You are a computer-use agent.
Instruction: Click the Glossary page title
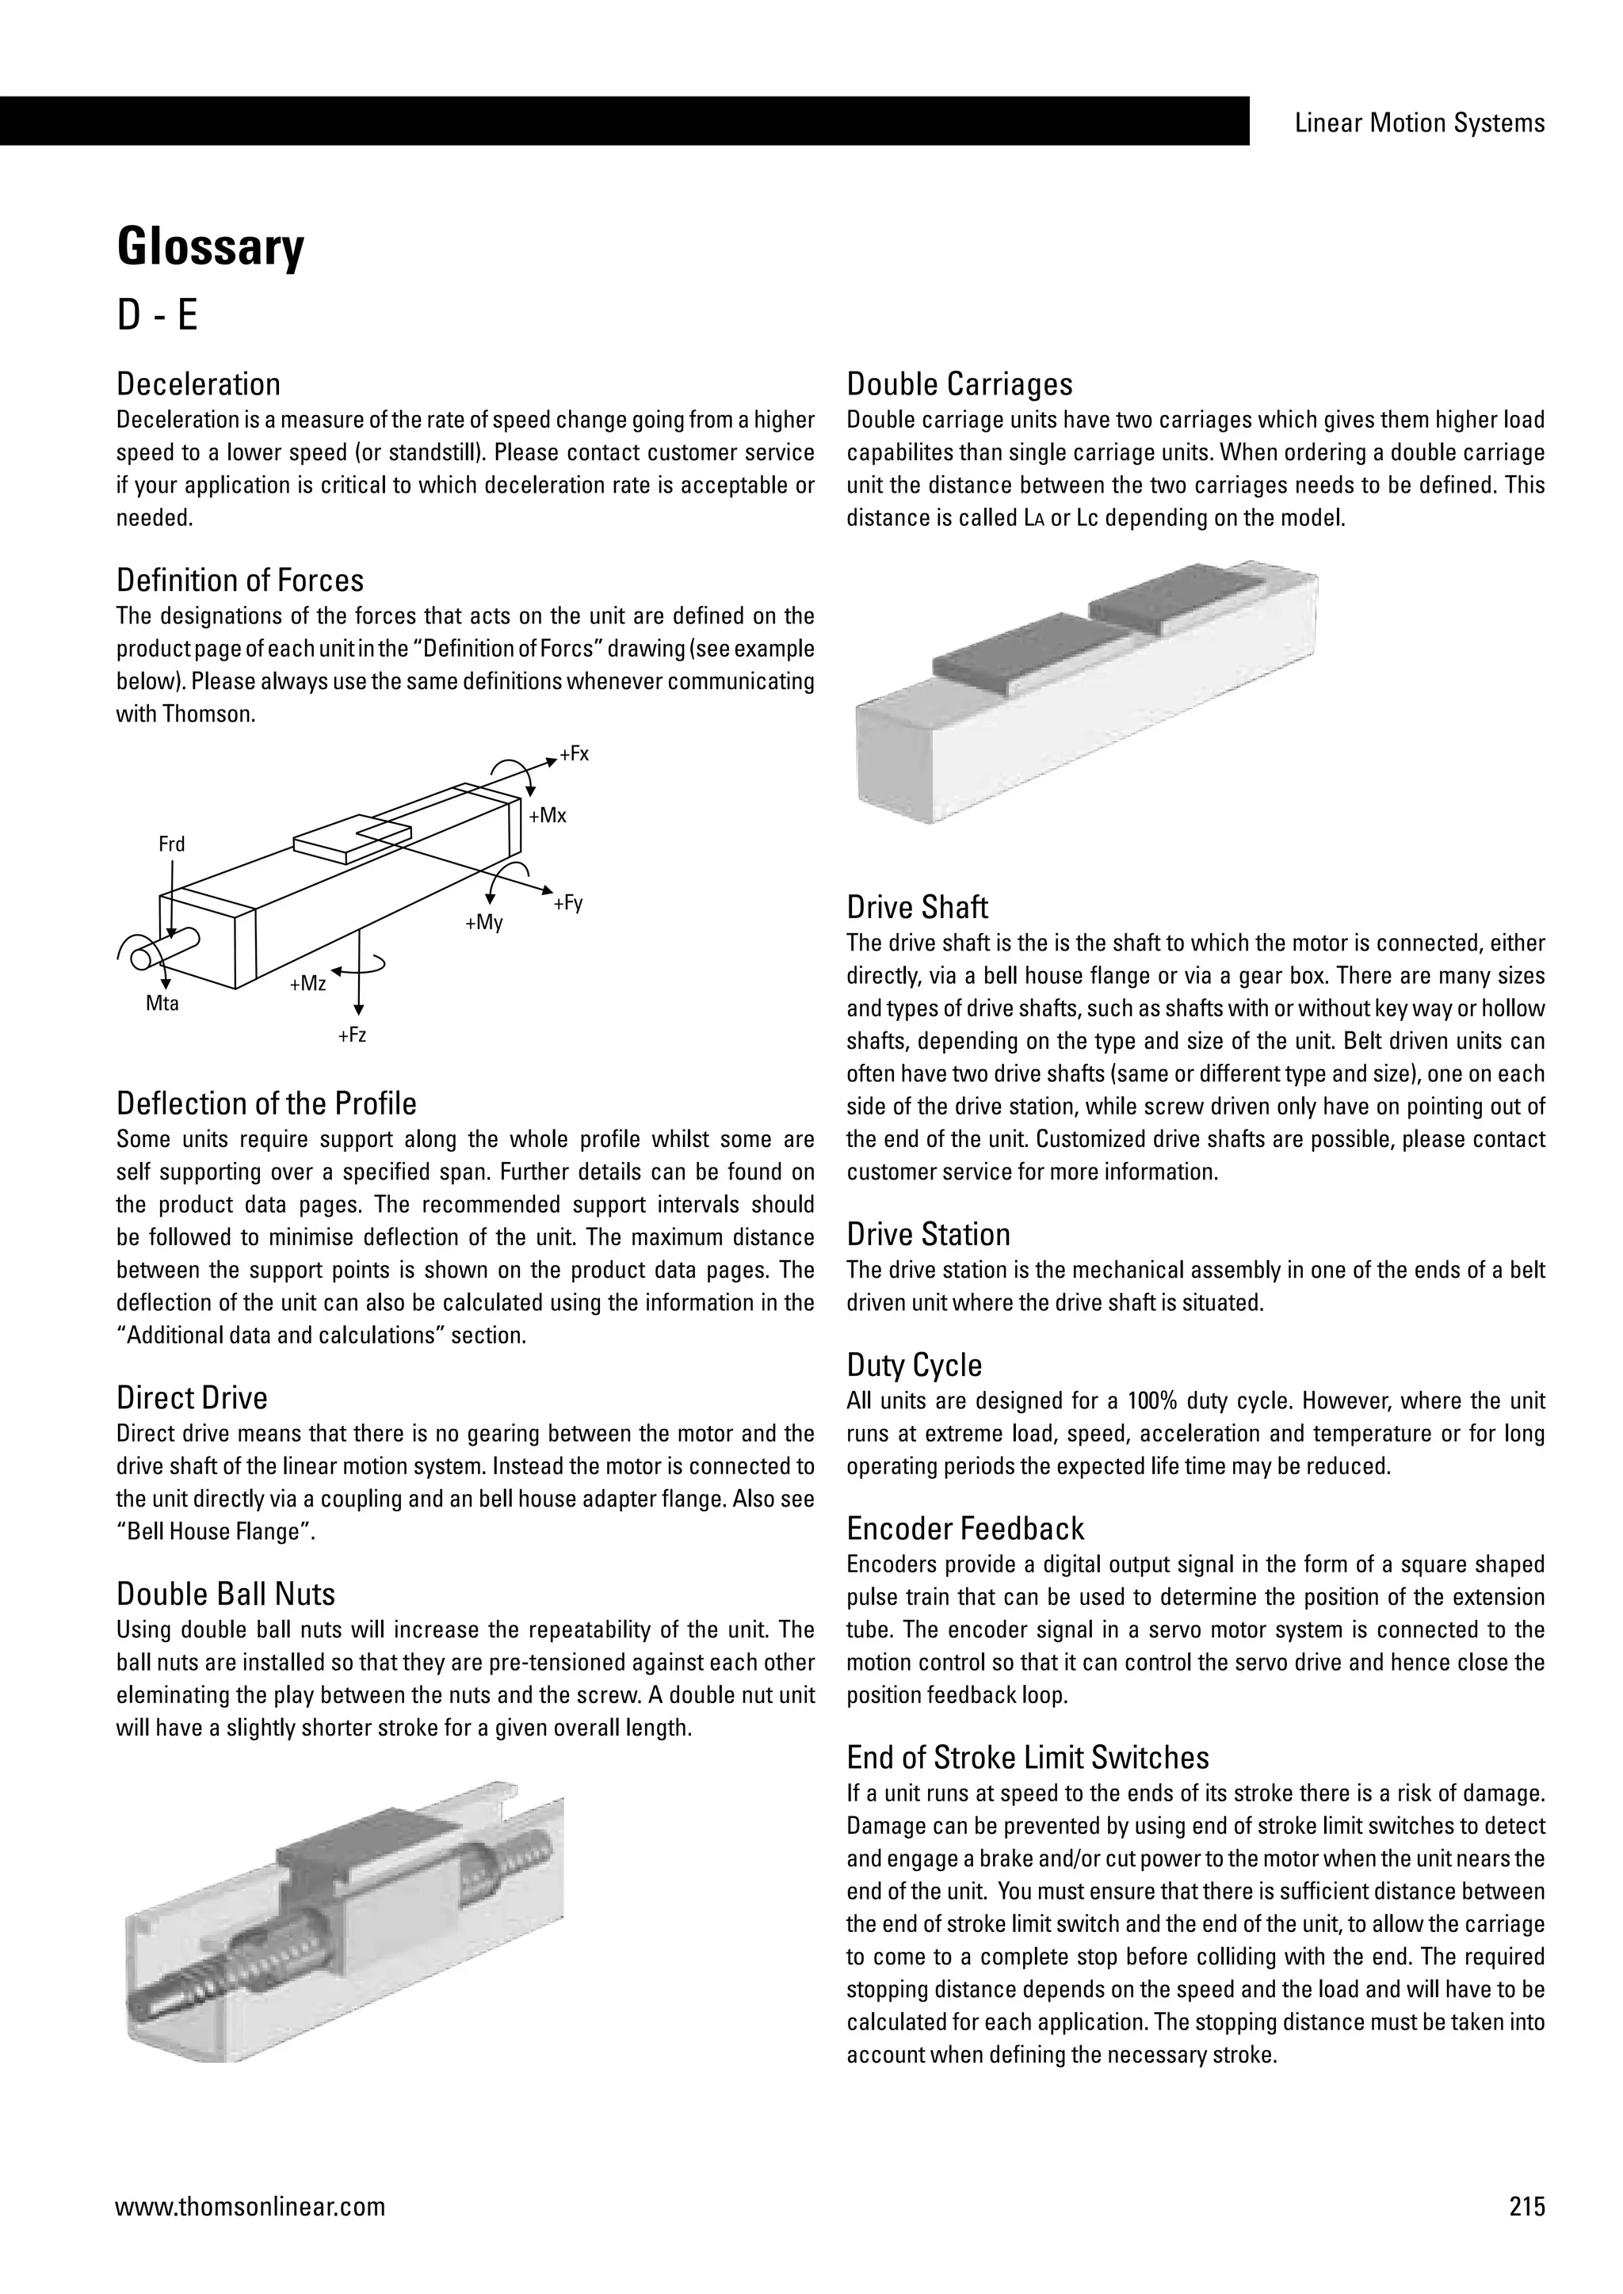tap(210, 248)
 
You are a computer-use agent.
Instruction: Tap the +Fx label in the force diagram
tap(575, 754)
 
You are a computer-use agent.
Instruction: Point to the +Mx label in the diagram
tap(548, 815)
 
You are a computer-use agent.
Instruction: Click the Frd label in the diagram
tap(172, 844)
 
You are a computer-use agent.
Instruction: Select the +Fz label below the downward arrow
tap(352, 1035)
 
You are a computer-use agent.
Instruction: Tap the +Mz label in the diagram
tap(307, 984)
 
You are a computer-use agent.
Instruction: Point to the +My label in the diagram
tap(483, 922)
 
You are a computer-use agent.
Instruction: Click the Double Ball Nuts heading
tap(226, 1594)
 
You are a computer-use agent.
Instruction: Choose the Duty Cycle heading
tap(915, 1365)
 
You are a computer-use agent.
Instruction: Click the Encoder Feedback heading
tap(965, 1529)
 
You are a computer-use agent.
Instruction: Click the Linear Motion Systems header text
tap(1419, 123)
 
